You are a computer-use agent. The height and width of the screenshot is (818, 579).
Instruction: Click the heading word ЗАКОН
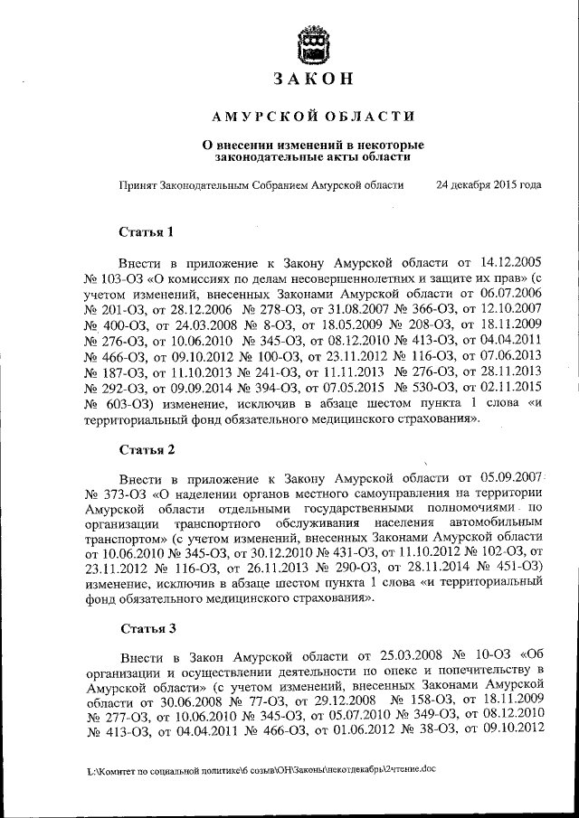[312, 80]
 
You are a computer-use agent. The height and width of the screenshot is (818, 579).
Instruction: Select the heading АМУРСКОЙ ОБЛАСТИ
[312, 116]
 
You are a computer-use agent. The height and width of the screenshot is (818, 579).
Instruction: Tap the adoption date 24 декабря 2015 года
[489, 184]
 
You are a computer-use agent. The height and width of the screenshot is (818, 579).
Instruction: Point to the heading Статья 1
[146, 232]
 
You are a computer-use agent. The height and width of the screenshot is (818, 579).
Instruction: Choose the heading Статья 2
[146, 449]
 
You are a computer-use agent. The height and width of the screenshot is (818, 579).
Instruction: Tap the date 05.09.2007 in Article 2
[511, 476]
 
